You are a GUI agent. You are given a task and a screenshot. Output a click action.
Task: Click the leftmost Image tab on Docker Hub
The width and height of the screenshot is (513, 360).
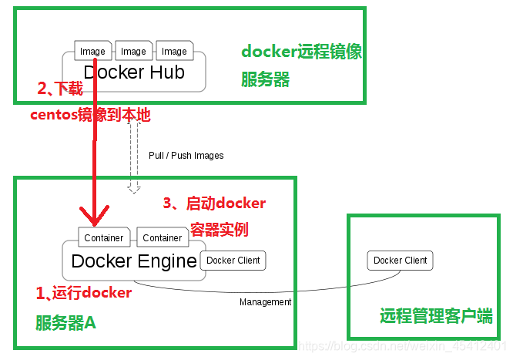pos(92,52)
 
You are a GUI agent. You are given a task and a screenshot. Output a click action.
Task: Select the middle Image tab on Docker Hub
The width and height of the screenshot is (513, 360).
pos(133,52)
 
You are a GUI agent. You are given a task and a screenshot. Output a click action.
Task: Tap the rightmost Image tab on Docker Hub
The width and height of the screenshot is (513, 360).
pos(174,52)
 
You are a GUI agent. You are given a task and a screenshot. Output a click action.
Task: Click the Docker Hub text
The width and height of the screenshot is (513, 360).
pos(134,72)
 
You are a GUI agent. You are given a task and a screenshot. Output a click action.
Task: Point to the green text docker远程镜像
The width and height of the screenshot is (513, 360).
pos(301,52)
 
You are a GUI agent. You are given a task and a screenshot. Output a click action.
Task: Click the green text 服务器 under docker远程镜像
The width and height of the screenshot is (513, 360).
pos(266,80)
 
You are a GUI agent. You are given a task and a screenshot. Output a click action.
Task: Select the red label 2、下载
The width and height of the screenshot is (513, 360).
pos(60,89)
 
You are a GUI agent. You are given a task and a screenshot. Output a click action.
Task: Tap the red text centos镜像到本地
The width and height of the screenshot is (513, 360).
pos(90,116)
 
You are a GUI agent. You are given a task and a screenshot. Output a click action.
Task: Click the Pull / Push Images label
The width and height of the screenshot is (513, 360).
pos(186,156)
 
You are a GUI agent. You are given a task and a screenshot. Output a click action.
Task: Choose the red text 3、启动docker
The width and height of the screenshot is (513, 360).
pos(214,204)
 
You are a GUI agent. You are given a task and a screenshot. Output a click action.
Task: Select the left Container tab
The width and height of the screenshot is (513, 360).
pos(103,238)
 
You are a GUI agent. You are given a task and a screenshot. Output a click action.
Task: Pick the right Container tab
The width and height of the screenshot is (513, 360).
pos(163,238)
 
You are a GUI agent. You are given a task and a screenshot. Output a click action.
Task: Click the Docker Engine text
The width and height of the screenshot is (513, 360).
pos(134,261)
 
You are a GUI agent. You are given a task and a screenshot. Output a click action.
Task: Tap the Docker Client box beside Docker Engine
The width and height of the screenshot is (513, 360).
pos(233,261)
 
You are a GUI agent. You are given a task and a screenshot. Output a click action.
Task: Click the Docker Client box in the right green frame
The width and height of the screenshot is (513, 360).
pos(400,261)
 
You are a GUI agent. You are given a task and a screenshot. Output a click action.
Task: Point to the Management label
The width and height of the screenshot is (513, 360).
pos(265,302)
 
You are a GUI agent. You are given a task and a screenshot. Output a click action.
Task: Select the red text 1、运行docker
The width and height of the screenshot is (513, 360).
pos(84,294)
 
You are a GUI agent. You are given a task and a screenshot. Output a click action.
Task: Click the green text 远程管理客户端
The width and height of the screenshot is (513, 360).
pos(436,317)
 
